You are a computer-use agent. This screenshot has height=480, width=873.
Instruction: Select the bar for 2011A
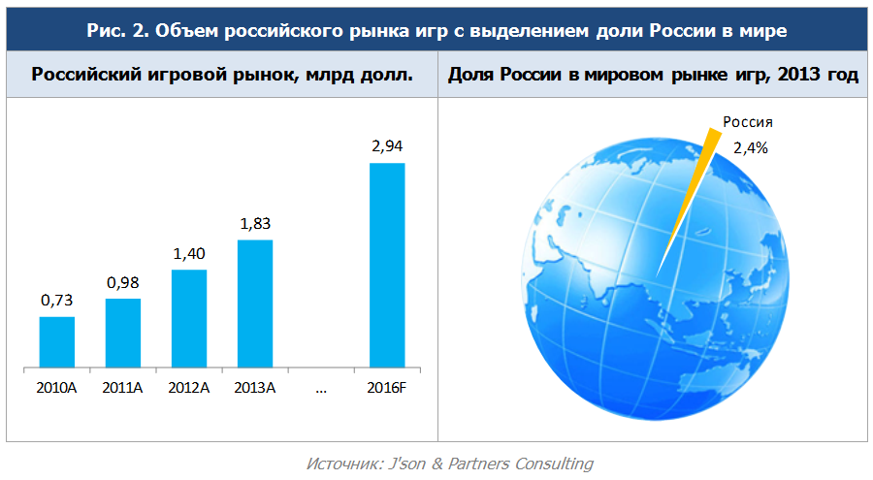click(123, 334)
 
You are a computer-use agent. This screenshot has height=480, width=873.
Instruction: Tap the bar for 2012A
click(189, 319)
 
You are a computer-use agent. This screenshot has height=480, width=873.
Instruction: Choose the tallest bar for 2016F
click(387, 266)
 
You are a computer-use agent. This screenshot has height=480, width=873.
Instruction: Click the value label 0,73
click(56, 301)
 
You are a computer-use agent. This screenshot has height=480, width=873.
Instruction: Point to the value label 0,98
click(123, 282)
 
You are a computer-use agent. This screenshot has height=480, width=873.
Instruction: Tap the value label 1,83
click(255, 224)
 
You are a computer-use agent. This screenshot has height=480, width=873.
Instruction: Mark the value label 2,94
click(387, 146)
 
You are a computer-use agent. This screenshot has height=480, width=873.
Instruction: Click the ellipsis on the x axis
click(321, 390)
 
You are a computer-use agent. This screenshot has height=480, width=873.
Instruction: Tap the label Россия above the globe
click(747, 123)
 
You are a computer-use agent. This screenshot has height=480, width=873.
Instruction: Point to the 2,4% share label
click(750, 148)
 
